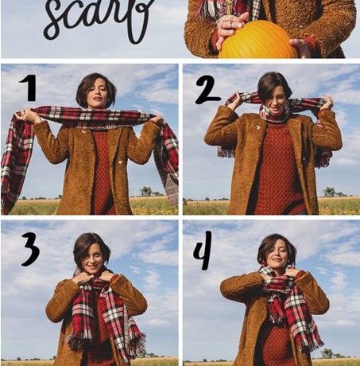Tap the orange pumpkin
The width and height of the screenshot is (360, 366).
point(257,41)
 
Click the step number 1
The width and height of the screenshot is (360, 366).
point(29,88)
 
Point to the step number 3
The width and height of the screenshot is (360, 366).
point(30,249)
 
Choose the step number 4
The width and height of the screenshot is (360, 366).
point(203,250)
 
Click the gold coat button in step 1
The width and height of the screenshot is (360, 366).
point(120,162)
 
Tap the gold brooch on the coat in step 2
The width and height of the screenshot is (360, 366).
point(257,128)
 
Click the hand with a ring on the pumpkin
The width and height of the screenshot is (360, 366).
point(230,25)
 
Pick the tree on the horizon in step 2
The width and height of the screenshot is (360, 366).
point(329,192)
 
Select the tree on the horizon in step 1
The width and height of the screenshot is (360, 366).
point(146,191)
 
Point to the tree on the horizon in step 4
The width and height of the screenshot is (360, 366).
point(327,353)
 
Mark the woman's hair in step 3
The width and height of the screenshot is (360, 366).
point(91,245)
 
